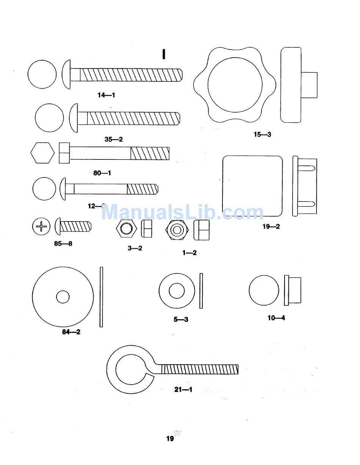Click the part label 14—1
tap(106, 95)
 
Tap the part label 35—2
tap(114, 139)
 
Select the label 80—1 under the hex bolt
tap(102, 173)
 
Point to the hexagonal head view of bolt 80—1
tap(42, 153)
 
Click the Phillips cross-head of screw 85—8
tap(41, 227)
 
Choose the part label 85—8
tap(63, 243)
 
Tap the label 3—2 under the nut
tap(135, 248)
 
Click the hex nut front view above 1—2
tap(177, 229)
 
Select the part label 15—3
tap(262, 134)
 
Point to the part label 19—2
tap(271, 226)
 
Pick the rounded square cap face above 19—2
tap(252, 186)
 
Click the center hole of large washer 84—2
tap(63, 297)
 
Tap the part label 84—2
tap(71, 332)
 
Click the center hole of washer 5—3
tap(177, 291)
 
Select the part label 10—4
tap(276, 318)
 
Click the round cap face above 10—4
tap(264, 290)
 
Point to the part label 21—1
tap(183, 389)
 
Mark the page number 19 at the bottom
tap(170, 438)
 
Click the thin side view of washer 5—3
tap(201, 291)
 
